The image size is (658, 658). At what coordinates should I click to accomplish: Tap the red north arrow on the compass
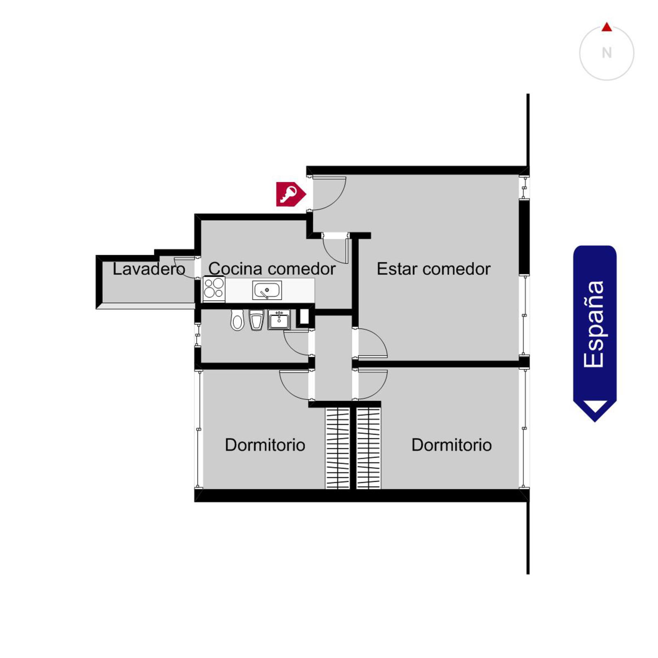(x=607, y=27)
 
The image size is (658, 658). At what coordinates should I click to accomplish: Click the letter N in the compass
(x=607, y=53)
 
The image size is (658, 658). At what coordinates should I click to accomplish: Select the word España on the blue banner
(x=594, y=324)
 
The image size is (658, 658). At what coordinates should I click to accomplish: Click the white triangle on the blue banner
(x=595, y=406)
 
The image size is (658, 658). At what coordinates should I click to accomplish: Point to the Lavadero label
(x=149, y=269)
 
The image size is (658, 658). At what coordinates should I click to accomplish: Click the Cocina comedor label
(x=272, y=269)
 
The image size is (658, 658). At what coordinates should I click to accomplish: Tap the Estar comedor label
(x=433, y=269)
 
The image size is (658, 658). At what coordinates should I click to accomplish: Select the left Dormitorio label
(x=265, y=445)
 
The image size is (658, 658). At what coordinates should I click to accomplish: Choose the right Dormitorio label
(x=452, y=445)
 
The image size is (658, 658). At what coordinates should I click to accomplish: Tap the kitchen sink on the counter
(x=267, y=290)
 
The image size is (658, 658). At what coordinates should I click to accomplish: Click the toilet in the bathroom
(x=237, y=320)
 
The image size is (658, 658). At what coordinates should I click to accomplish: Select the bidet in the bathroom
(x=256, y=320)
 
